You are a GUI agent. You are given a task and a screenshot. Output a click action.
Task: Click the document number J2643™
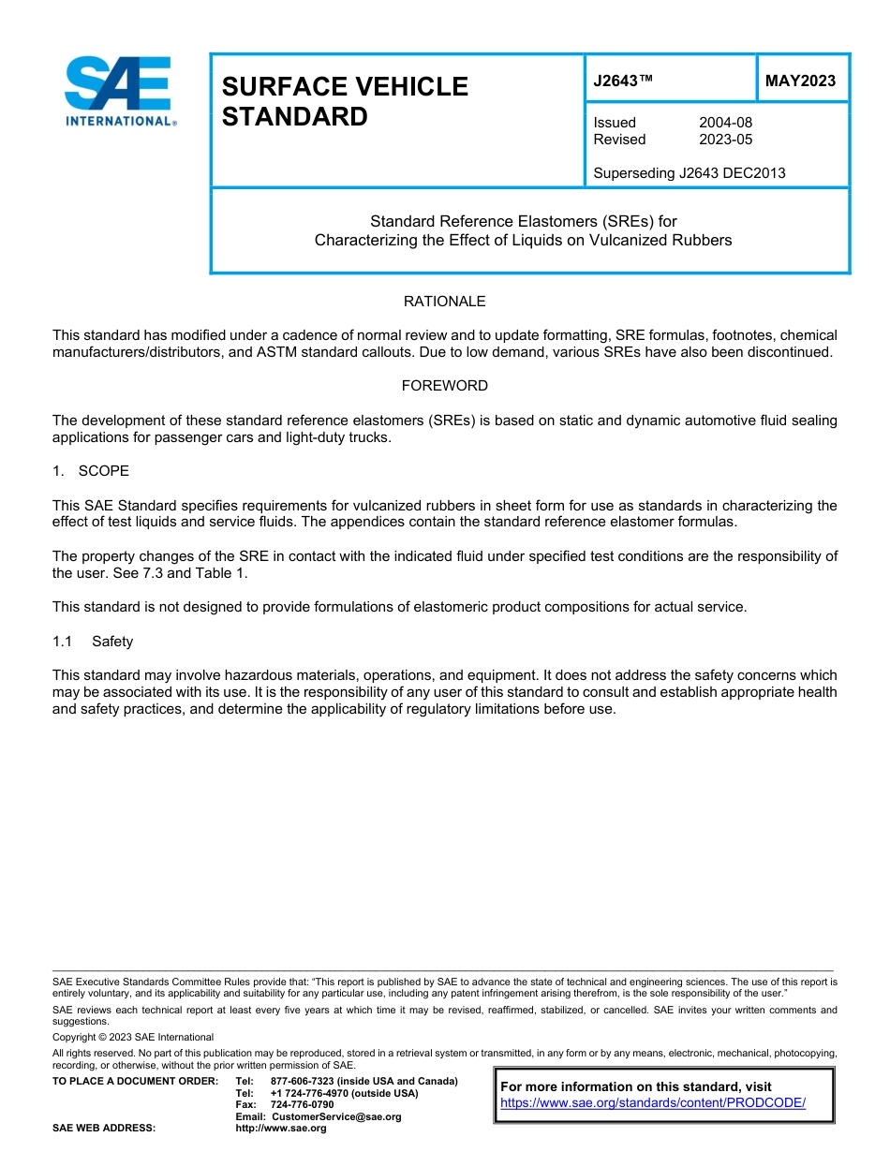point(623,81)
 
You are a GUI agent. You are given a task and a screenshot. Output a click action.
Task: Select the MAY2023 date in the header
point(800,81)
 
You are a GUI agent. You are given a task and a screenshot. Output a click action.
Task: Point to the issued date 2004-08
point(725,123)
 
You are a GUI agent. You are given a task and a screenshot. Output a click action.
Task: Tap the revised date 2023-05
point(725,140)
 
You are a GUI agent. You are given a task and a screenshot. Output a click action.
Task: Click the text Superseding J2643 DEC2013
point(690,172)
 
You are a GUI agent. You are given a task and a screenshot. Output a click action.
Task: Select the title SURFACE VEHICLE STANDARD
point(344,101)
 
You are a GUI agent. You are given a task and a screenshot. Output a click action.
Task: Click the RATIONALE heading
point(444,302)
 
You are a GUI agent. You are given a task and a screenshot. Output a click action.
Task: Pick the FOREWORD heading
point(444,386)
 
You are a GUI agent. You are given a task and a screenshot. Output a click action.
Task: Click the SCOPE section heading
point(103,470)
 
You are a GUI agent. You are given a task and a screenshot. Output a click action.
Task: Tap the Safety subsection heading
point(111,642)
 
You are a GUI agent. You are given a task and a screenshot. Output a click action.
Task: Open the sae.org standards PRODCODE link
point(653,1102)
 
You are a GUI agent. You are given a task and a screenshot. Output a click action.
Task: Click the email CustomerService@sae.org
point(335,1116)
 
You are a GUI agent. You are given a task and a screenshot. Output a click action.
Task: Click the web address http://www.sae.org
point(280,1129)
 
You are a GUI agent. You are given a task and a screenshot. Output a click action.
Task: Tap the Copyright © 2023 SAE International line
point(133,1037)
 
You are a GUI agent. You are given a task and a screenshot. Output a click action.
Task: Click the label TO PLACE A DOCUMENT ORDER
point(135,1081)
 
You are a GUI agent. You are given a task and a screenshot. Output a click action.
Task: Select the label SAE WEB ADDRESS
point(104,1129)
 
